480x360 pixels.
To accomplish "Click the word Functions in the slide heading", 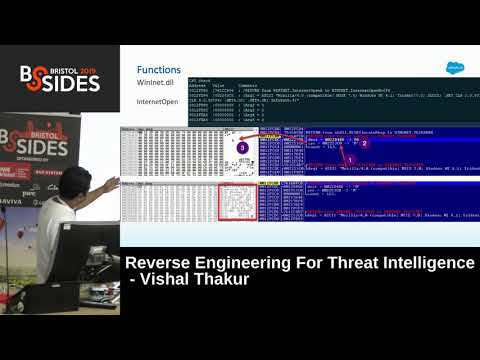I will (159, 70).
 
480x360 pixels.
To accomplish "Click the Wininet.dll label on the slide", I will (155, 87).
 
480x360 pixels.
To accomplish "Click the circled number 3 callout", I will (243, 147).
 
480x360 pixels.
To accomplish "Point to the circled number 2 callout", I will (365, 143).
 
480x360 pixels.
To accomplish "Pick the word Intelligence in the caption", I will (425, 263).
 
